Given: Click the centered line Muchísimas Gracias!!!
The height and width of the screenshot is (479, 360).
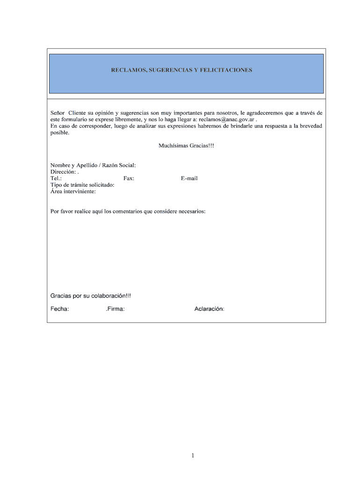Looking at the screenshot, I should pos(186,146).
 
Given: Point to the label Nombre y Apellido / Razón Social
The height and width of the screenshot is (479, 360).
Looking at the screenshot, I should pos(93,165).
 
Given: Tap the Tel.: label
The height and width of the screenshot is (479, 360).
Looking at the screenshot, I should pos(56,178).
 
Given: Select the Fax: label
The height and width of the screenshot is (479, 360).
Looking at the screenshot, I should pos(129,178).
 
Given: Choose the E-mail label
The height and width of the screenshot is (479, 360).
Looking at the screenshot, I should pos(189,178).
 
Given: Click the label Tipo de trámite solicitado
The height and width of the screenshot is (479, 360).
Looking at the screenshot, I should pos(82,185).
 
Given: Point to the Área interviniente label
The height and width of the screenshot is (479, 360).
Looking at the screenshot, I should pos(73,191).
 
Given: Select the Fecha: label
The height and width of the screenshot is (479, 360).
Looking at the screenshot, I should pos(60,309).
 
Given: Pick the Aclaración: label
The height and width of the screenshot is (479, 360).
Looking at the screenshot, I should pos(209,309).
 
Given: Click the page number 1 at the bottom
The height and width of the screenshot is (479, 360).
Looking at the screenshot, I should pos(193,456).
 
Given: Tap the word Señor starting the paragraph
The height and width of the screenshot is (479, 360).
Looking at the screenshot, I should pos(58,113).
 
